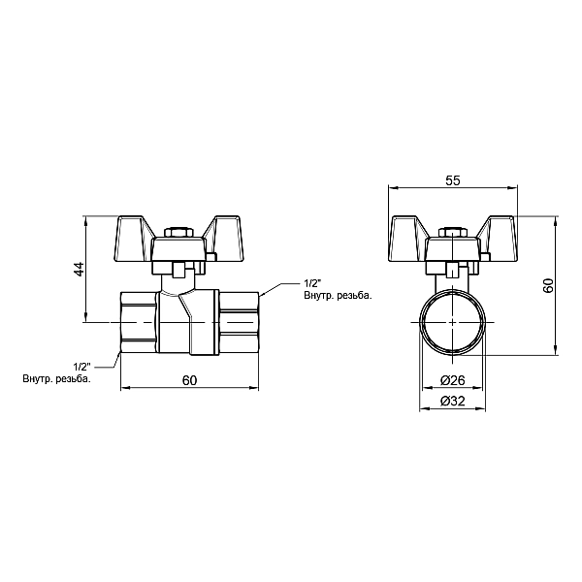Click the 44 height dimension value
80,269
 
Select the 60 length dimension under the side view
189,379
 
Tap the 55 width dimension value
452,180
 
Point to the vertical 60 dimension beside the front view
547,286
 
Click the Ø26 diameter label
452,379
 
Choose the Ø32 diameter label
452,401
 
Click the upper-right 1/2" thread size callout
311,282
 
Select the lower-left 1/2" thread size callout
81,366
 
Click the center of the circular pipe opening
452,320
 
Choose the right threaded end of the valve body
237,320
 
